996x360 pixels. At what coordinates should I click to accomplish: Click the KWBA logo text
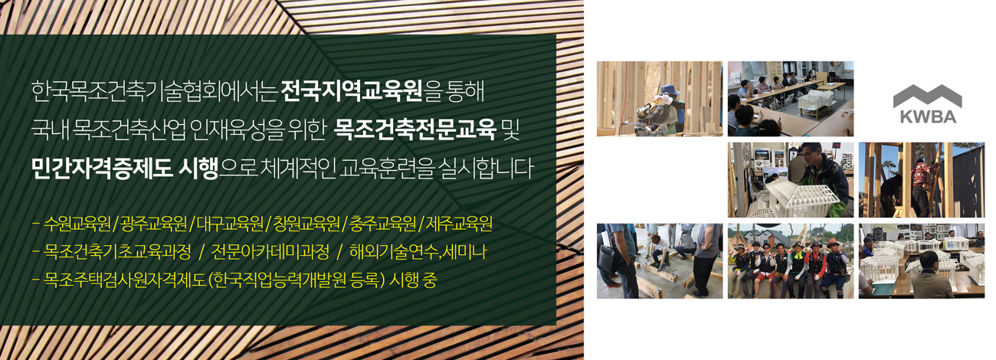click(x=928, y=116)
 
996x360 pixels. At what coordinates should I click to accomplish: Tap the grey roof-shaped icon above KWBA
click(x=928, y=96)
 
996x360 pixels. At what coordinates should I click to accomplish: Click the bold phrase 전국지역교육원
click(x=352, y=91)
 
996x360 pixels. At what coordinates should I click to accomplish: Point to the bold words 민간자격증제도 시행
click(x=125, y=169)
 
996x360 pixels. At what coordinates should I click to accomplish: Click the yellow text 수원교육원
click(x=77, y=224)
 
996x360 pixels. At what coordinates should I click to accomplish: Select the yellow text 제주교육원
click(x=460, y=224)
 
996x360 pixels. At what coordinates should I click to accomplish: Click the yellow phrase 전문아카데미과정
click(x=270, y=252)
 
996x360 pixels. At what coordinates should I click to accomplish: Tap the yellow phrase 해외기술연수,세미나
click(x=418, y=252)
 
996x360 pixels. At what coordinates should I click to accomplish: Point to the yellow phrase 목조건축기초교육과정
click(x=117, y=252)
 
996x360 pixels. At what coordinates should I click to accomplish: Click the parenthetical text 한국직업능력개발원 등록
click(x=296, y=280)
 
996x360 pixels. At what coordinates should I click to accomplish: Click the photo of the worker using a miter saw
click(x=660, y=99)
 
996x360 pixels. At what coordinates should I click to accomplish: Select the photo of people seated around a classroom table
click(x=791, y=99)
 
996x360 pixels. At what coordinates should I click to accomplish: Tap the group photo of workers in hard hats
click(x=791, y=261)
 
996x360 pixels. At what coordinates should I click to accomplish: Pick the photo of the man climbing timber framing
click(x=921, y=180)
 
